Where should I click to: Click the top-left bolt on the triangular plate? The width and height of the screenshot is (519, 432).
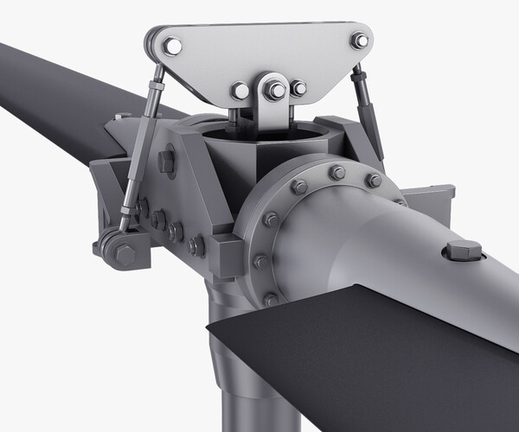pos(173,46)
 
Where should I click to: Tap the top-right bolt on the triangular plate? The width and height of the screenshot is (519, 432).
pos(359,40)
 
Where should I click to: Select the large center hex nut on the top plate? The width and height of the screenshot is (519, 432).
pos(277,90)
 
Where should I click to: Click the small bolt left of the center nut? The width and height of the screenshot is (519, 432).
pos(240,90)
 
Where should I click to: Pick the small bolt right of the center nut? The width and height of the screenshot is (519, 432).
pos(298,88)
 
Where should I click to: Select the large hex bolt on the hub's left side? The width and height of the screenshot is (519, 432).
pos(167,161)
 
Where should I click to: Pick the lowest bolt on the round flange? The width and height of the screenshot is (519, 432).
pos(271,298)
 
